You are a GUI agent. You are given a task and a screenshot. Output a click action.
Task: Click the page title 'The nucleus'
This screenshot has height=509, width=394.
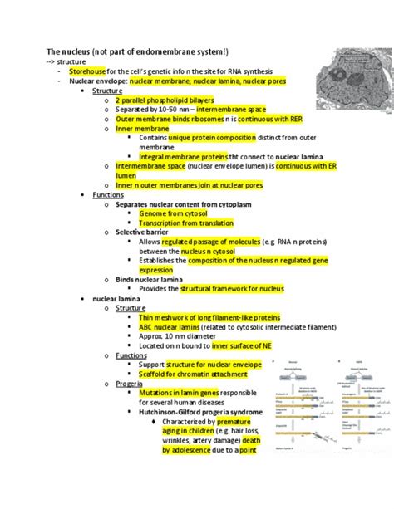coord(71,51)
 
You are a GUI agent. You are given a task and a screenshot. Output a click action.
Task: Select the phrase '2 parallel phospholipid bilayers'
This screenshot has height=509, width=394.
coord(173,100)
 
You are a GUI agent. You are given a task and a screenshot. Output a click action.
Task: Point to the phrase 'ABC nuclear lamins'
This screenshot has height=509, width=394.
coord(172,326)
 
